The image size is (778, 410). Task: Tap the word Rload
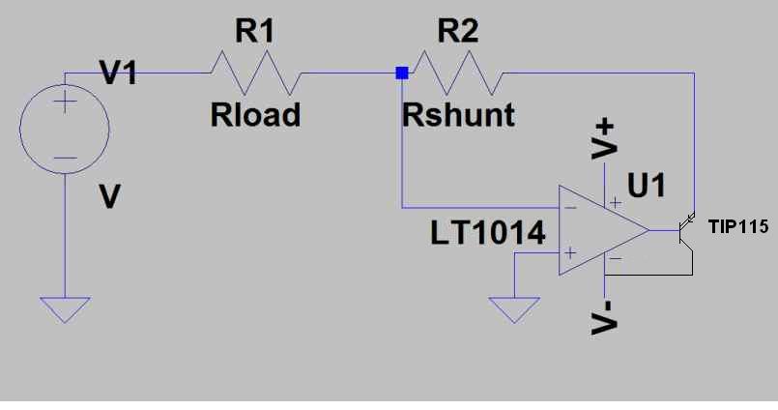tap(255, 115)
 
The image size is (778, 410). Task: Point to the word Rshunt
tap(458, 115)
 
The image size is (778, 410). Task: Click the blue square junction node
tap(402, 73)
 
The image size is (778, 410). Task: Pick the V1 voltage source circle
tap(65, 129)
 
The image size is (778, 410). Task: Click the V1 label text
tap(118, 72)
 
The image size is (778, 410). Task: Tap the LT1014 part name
tap(488, 233)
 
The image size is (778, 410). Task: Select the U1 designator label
tap(647, 185)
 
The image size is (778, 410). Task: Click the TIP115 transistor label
tap(738, 227)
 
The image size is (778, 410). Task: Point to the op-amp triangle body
tap(604, 230)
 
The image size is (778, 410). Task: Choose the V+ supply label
tap(604, 140)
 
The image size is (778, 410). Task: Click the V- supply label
tap(604, 318)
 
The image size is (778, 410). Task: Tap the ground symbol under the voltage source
tap(65, 309)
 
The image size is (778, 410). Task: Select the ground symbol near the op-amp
tap(514, 309)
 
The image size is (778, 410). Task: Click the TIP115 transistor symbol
tap(687, 230)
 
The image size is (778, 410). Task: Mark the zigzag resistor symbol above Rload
tap(256, 73)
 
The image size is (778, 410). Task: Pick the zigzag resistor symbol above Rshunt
tap(458, 73)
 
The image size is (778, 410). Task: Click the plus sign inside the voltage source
tap(65, 102)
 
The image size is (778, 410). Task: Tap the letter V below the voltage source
tap(109, 196)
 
